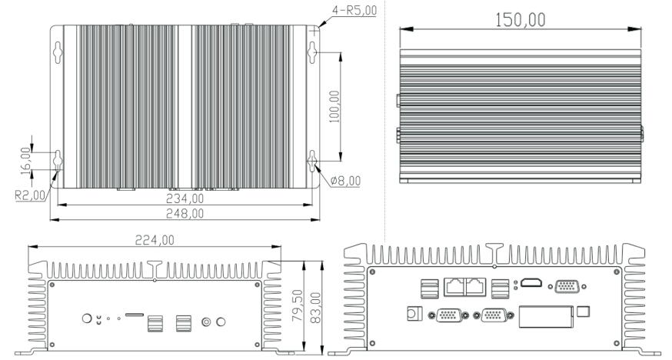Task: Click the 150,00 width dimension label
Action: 521,20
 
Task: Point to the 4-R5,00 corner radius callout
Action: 354,10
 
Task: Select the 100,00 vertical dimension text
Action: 334,106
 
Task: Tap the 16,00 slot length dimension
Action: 25,161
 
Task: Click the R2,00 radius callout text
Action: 30,195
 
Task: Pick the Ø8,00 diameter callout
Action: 345,181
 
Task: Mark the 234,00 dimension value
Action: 185,199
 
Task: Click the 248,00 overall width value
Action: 185,213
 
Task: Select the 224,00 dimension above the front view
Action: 155,240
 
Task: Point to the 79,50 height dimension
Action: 297,305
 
